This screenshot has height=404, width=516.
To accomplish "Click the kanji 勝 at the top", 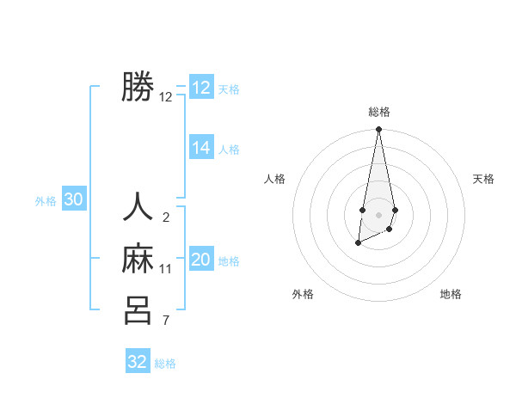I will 138,87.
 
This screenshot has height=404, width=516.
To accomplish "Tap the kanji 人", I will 138,208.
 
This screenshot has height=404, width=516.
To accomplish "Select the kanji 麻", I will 138,259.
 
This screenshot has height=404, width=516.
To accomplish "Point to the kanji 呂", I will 138,310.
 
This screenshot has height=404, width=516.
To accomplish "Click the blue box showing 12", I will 201,88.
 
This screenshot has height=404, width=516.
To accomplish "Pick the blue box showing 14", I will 201,148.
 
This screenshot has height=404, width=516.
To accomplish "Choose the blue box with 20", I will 201,260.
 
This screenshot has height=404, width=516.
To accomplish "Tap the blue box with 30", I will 74,200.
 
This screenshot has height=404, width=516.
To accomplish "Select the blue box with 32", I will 138,362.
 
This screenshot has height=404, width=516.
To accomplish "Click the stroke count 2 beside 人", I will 165,217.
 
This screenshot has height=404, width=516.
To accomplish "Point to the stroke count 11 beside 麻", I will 165,269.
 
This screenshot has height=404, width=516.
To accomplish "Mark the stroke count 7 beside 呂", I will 165,321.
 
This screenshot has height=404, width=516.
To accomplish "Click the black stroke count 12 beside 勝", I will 165,97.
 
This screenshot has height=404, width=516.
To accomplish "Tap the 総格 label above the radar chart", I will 378,112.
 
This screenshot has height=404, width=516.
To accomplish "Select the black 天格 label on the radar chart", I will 484,179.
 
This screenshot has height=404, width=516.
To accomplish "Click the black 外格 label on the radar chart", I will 303,294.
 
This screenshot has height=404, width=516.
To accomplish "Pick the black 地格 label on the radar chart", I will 451,294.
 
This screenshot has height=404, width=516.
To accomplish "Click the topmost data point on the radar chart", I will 378,130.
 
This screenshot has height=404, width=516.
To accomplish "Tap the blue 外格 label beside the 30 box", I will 46,201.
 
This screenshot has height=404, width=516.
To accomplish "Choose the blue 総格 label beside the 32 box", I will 165,364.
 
